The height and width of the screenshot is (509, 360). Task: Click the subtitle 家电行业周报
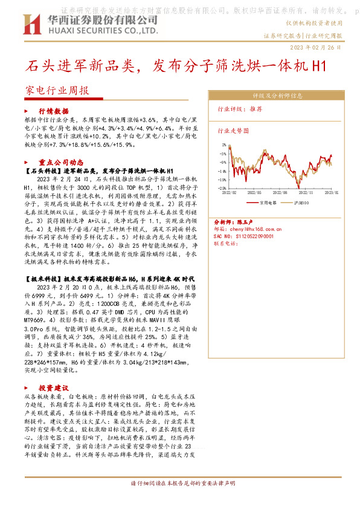coord(57,91)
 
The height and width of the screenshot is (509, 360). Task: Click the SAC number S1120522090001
coord(256,236)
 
